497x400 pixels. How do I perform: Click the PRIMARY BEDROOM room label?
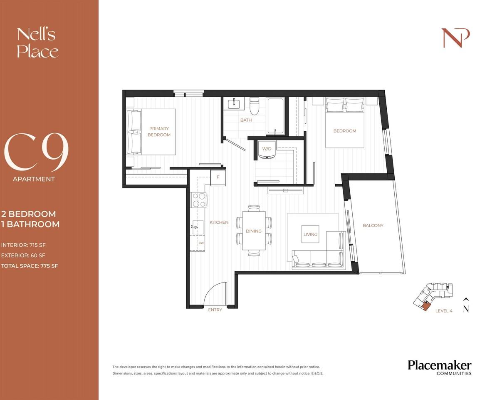(x=159, y=131)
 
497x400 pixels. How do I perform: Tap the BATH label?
(x=246, y=120)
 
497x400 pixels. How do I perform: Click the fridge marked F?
(x=218, y=177)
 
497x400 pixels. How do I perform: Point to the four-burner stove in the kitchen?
(x=199, y=200)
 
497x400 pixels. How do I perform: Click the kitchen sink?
(x=197, y=227)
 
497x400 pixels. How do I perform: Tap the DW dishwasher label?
(x=201, y=243)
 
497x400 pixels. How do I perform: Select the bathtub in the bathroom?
(x=275, y=116)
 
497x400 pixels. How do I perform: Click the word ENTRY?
(x=215, y=310)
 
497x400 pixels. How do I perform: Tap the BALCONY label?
(x=373, y=225)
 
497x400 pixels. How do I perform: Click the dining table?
(x=254, y=231)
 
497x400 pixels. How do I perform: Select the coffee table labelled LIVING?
(x=310, y=234)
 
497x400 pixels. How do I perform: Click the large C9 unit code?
(x=36, y=152)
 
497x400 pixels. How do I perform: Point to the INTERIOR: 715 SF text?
(x=23, y=245)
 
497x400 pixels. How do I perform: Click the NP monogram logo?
(x=456, y=38)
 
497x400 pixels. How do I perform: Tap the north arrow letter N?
(x=466, y=309)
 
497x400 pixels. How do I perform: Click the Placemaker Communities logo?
(x=440, y=367)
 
